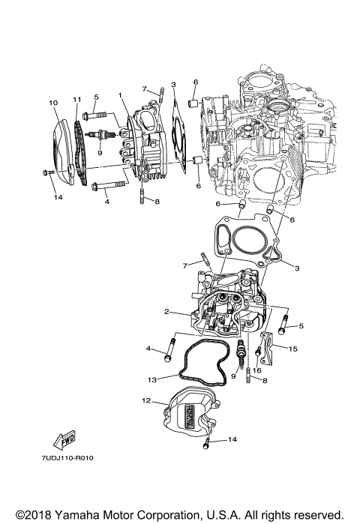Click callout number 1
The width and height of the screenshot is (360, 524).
click(x=119, y=95)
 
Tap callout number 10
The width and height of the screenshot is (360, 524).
click(x=53, y=102)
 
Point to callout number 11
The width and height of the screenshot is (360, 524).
click(x=76, y=100)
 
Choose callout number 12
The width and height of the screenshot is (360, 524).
click(x=147, y=401)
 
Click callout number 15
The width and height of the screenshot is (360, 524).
click(x=293, y=349)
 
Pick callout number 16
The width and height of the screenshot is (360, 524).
click(x=256, y=370)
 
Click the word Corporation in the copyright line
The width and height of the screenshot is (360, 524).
click(x=165, y=514)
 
